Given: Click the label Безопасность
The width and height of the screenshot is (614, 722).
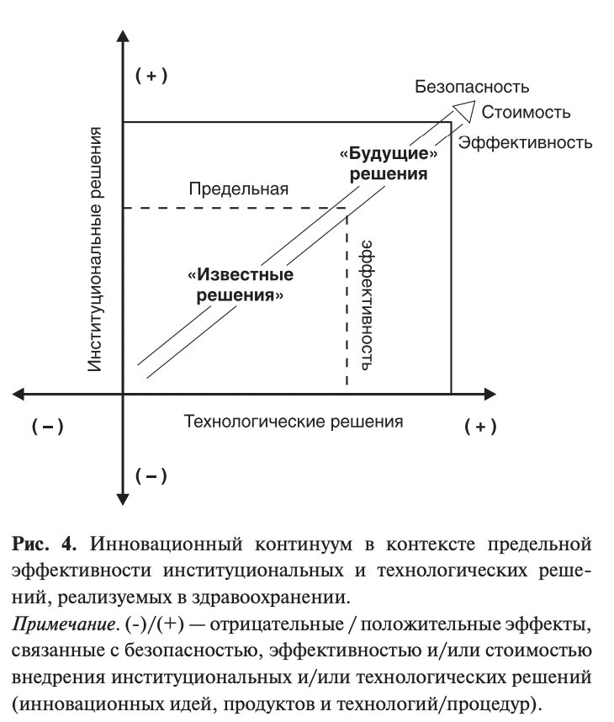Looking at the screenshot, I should click(x=472, y=88).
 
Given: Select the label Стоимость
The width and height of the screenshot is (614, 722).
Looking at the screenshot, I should click(x=527, y=113).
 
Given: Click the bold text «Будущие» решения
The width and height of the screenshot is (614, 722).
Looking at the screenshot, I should click(x=388, y=165).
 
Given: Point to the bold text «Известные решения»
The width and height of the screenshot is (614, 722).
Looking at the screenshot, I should click(x=241, y=286).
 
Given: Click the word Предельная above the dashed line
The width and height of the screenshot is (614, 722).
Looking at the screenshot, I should click(x=238, y=188).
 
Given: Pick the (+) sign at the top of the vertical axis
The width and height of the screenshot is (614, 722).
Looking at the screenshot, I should click(x=151, y=77).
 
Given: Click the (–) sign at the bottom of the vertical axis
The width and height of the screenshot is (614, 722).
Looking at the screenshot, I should click(x=151, y=477).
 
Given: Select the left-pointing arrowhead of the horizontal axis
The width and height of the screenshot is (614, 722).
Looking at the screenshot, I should click(x=22, y=394).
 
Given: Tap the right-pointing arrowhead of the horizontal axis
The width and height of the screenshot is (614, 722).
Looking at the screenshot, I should click(x=489, y=394).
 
